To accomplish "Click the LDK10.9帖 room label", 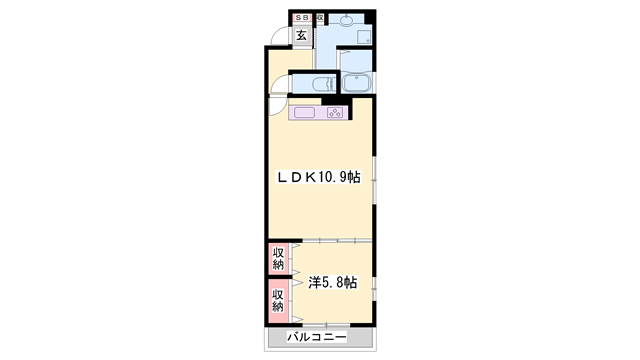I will pos(319,176).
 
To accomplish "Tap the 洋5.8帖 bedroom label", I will pos(332,282).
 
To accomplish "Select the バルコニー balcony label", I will pos(317,338).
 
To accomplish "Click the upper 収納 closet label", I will pos(279,259).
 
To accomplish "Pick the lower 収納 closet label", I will pos(279,300).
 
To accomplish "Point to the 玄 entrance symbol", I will pos(300,37).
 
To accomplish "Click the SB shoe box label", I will pos(300,18).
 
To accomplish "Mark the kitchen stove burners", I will pos(334,112).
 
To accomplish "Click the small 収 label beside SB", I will pos(318,18).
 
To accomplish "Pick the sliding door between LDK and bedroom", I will pos(330,241).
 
